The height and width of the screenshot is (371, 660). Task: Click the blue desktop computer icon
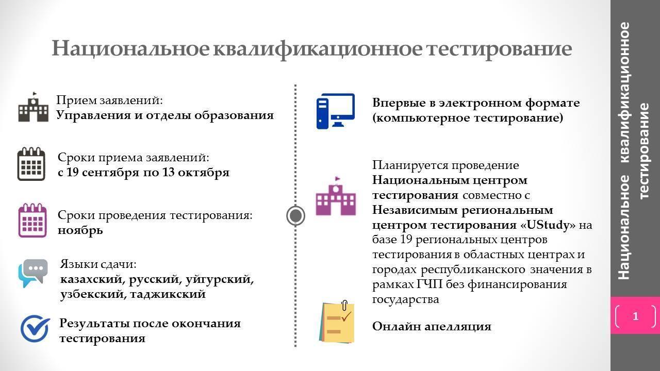(336, 111)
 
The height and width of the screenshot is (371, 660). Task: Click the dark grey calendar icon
(31, 164)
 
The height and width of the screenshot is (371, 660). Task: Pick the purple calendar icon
(32, 220)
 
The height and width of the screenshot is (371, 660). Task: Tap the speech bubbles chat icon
(32, 273)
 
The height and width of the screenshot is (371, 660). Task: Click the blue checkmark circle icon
(35, 328)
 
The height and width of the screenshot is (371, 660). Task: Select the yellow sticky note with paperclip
(337, 322)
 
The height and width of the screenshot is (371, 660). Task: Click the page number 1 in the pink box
(636, 316)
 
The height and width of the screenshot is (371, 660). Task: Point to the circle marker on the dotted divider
(295, 215)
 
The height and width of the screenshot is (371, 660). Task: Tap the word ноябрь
(80, 230)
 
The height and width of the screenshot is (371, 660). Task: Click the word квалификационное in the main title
(318, 48)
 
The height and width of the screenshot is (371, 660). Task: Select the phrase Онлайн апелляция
(432, 326)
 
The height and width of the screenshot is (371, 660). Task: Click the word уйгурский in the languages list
(220, 279)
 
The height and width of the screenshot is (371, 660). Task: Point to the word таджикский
(168, 294)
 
